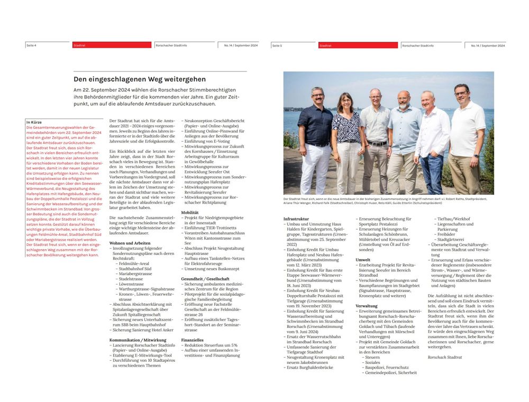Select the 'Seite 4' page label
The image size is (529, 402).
point(31,46)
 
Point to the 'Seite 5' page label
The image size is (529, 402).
point(277,46)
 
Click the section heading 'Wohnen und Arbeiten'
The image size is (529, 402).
point(127,243)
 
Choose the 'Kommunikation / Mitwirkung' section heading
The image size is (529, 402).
point(138,340)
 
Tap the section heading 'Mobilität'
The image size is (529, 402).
point(190,212)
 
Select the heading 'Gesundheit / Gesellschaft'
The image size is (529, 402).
point(205,278)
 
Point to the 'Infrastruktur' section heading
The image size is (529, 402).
point(296,218)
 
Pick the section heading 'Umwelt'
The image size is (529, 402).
point(363,260)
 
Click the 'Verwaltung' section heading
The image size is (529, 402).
point(367,306)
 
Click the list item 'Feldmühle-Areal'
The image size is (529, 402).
point(134,263)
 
